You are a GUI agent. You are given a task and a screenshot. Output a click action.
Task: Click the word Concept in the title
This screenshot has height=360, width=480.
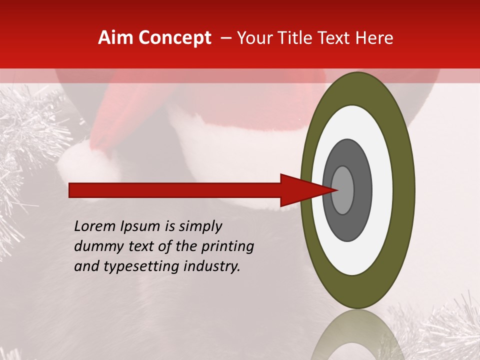(174, 38)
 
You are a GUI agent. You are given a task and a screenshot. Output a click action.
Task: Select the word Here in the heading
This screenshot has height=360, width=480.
(374, 38)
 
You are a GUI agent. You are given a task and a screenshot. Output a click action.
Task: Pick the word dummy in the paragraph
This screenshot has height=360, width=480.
(94, 246)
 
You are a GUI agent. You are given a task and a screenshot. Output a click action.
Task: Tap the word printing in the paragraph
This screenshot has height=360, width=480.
(227, 246)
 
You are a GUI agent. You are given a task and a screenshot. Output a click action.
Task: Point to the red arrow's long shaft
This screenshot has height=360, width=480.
(175, 190)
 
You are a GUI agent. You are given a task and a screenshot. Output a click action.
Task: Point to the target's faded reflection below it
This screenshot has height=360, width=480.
(357, 335)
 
